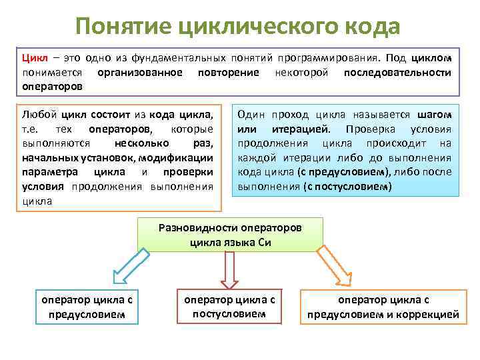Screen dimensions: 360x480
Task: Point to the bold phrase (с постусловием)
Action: click(347, 187)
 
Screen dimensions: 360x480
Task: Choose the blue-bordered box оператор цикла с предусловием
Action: click(87, 307)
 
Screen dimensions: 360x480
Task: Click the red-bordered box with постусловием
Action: click(229, 305)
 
